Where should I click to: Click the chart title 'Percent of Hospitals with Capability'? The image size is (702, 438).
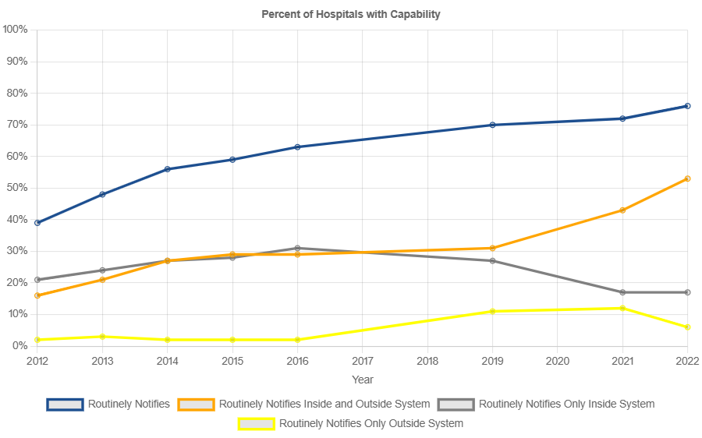(351, 14)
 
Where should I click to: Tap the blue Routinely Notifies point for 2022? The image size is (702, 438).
(687, 106)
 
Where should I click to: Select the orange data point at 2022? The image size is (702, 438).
(687, 178)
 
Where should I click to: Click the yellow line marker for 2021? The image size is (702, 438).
(622, 308)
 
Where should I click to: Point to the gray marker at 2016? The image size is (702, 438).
(297, 248)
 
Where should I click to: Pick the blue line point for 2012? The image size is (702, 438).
(37, 223)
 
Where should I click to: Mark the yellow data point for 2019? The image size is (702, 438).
(492, 311)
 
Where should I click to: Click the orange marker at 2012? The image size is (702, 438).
(37, 295)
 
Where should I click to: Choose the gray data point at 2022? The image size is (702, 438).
(687, 292)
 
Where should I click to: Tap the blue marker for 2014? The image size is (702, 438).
(168, 169)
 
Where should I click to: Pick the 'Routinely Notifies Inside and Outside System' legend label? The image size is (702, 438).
(324, 404)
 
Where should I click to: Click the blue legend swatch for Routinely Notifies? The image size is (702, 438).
(65, 404)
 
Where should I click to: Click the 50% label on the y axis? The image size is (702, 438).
(17, 188)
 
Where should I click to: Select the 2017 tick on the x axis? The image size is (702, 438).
(362, 362)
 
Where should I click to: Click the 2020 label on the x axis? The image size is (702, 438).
(557, 362)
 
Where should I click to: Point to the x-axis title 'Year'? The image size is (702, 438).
(362, 380)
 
